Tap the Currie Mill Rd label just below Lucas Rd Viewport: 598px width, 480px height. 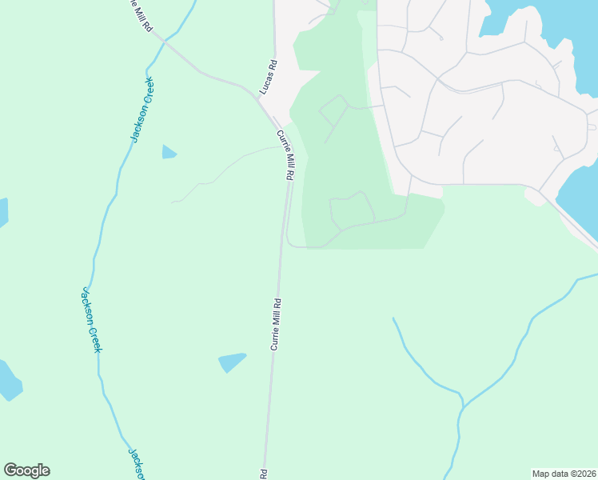(285, 155)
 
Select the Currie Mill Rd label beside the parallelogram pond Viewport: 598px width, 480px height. (276, 324)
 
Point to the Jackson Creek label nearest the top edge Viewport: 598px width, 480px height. (142, 110)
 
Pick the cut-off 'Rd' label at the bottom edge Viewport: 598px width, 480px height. (263, 474)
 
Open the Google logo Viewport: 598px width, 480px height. (26, 470)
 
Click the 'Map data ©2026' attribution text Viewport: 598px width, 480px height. (564, 474)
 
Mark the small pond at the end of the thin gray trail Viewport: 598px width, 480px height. (169, 151)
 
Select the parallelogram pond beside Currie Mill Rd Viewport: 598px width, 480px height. (232, 362)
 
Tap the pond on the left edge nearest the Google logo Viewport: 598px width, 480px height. (8, 381)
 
